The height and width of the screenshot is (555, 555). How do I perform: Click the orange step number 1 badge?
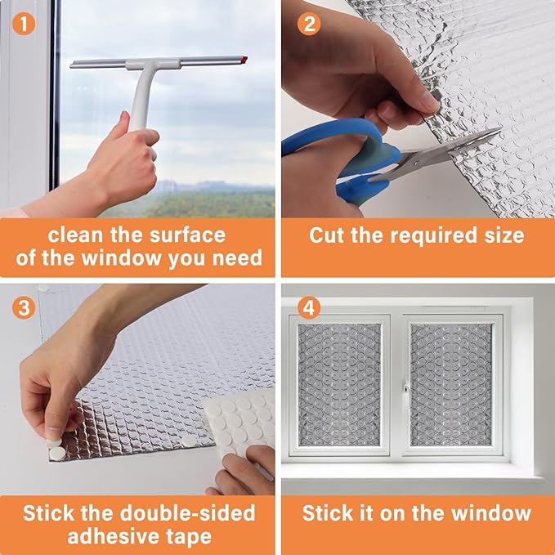24,24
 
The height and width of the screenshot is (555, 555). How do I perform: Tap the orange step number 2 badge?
309,24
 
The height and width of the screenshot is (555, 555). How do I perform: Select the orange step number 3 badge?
24,307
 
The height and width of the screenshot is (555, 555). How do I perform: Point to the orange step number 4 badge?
309,307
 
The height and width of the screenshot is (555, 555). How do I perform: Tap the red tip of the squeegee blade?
244,59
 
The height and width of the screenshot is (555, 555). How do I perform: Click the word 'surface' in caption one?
187,235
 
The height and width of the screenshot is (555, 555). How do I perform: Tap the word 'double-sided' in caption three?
187,512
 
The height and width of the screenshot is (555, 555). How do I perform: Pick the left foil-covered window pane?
339,384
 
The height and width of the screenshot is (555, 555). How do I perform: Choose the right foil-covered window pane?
451,384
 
